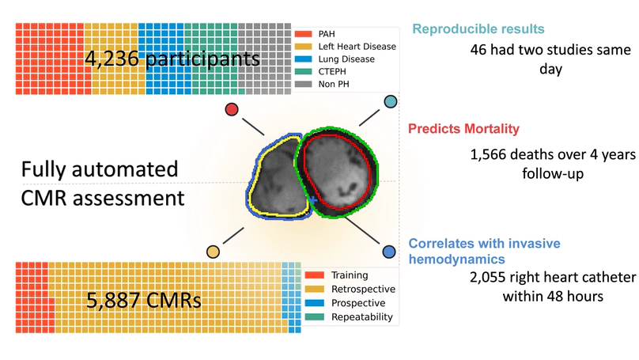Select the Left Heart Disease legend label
coord(357,47)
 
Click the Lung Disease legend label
coord(347,59)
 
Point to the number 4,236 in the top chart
coord(115,59)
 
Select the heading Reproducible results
coord(478,29)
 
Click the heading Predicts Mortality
coord(463,129)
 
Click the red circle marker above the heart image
coord(232,109)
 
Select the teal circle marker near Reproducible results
coord(390,102)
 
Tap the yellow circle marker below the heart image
coord(213,252)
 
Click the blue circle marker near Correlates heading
coord(389,252)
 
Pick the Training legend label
coord(350,275)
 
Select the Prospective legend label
coord(358,303)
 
